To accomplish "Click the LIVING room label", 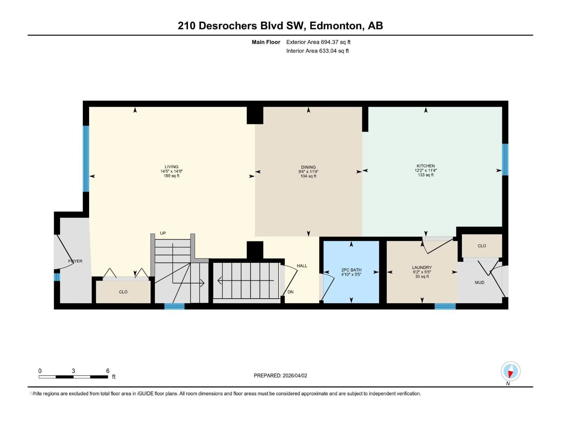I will pyautogui.click(x=172, y=167).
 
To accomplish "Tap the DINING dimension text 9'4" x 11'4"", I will pyautogui.click(x=308, y=172).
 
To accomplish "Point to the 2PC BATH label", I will pyautogui.click(x=351, y=270).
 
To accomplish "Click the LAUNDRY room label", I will pyautogui.click(x=422, y=268).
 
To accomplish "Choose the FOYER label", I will pyautogui.click(x=75, y=261).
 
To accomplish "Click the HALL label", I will pyautogui.click(x=302, y=266).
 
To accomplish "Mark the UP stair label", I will pyautogui.click(x=163, y=233).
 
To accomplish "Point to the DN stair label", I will pyautogui.click(x=290, y=292).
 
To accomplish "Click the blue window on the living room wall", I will pyautogui.click(x=86, y=159).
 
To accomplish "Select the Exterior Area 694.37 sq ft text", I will pyautogui.click(x=318, y=42).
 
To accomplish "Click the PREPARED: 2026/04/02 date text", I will pyautogui.click(x=280, y=376).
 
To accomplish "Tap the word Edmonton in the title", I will pyautogui.click(x=336, y=26).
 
